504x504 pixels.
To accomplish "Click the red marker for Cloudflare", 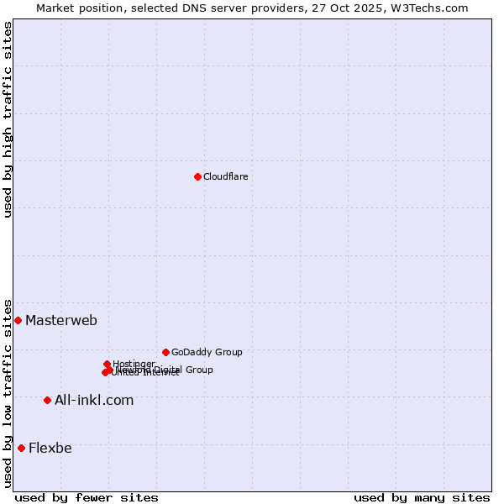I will coord(197,176).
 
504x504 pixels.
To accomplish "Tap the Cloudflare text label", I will coord(225,176).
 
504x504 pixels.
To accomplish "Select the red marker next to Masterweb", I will coord(18,320).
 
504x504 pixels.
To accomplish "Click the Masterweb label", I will coord(61,320).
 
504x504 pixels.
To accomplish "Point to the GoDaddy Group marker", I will coord(165,352).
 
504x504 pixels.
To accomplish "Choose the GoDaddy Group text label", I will coord(207,352).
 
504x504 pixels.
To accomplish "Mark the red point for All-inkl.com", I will coord(47,400).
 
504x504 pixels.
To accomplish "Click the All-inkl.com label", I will coord(94,400).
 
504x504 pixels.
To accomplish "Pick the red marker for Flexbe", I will coord(21,448).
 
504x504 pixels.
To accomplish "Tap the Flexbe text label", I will coord(50,448).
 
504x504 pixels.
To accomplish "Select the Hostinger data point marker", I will coord(107,364).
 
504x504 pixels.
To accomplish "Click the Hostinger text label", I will coord(134,364).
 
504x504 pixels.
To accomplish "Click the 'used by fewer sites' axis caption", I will coord(87,497).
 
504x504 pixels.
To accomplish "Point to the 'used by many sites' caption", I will coord(422,497).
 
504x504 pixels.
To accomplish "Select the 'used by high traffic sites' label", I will coord(8,119).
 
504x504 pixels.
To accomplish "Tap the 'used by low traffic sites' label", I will coord(8,393).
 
